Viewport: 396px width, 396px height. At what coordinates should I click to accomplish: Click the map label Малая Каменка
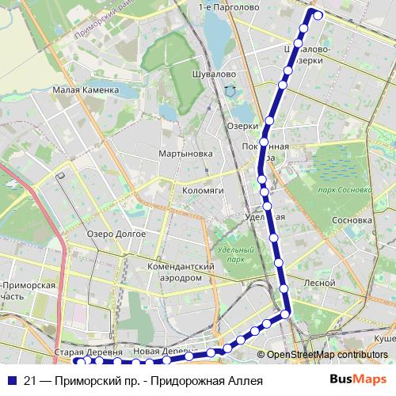coord(86,90)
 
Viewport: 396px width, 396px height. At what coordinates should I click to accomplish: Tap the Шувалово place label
coord(215,74)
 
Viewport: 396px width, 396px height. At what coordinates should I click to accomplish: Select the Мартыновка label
coord(185,153)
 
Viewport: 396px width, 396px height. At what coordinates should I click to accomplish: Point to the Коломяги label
coord(204,191)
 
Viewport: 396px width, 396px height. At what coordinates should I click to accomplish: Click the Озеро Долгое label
coord(116,234)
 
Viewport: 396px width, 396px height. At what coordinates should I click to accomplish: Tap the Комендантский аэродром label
coord(181,272)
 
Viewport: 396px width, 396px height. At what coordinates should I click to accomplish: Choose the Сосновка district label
coord(352,220)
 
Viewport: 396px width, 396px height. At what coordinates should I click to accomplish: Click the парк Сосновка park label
coord(344,190)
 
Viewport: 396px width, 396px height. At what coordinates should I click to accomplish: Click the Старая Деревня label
coord(88,351)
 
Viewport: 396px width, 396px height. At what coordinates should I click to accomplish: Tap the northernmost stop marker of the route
coord(318,13)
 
